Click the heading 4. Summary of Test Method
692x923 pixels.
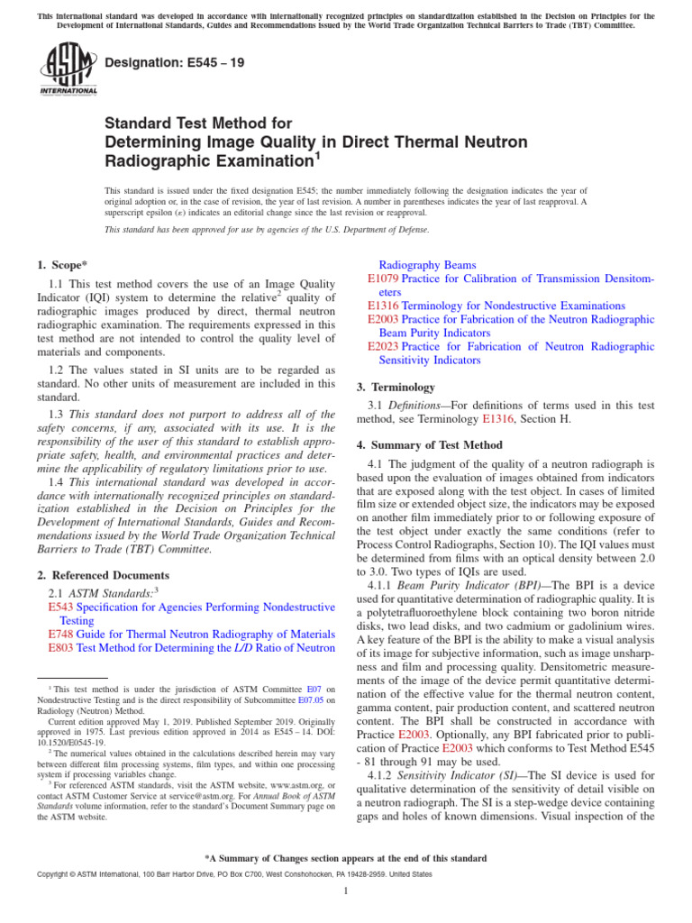(429, 445)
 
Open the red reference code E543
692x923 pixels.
(60, 608)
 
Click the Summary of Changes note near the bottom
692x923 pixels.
(346, 858)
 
